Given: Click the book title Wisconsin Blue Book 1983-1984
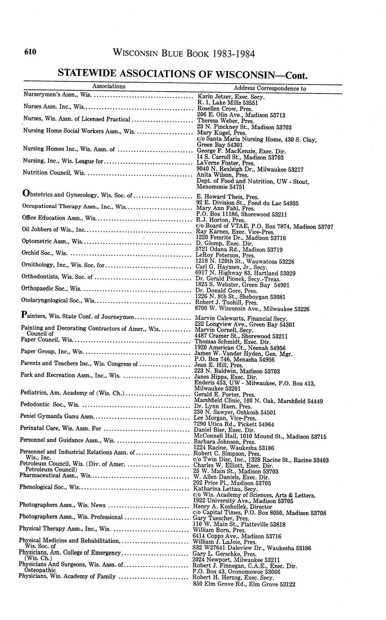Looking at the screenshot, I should coord(184,54).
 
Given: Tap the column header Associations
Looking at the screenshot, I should coord(109,86).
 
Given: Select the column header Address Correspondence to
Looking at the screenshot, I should coord(270,89).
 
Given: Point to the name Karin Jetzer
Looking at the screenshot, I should coord(212,97).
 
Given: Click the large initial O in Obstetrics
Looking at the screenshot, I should coord(26,194).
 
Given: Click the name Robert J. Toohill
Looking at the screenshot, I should coord(217,303).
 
